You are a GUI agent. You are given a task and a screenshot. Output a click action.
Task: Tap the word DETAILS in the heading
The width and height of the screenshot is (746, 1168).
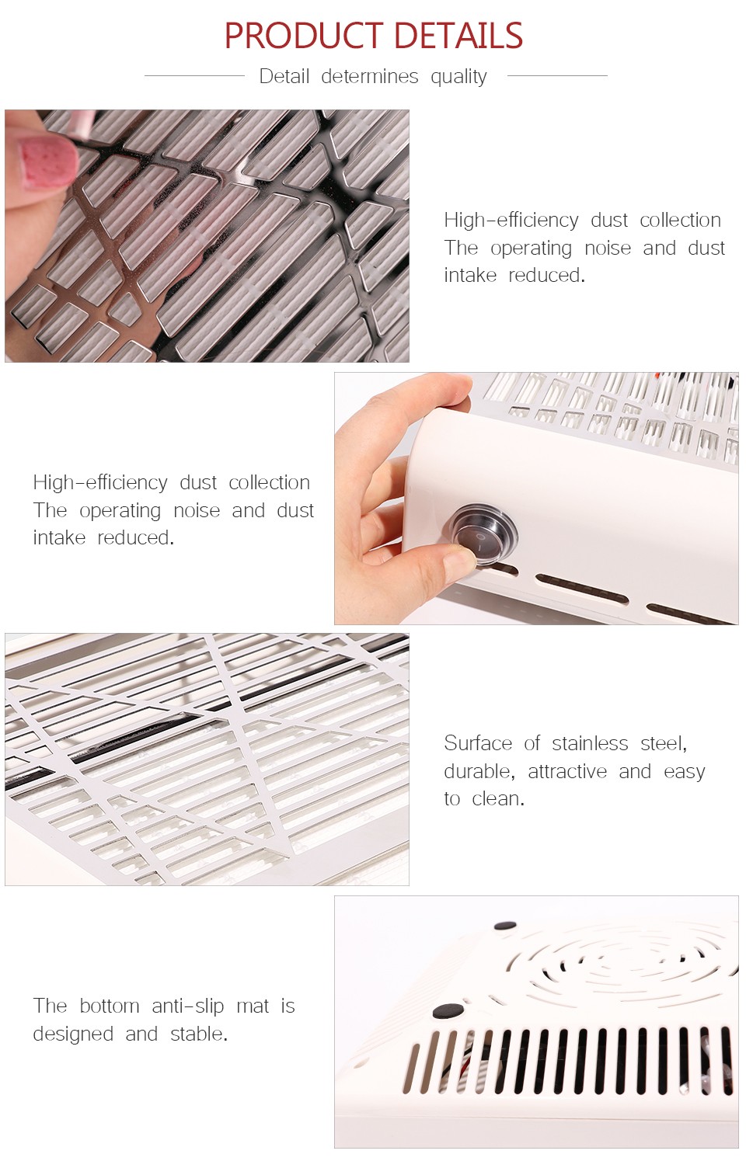coord(458,36)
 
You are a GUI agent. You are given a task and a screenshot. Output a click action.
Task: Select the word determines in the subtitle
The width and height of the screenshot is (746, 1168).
coord(369,76)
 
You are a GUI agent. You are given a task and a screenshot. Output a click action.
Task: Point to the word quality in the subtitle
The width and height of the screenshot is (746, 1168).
coord(458,77)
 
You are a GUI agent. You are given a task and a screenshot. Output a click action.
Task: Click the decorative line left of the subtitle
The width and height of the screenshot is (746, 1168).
coord(194,75)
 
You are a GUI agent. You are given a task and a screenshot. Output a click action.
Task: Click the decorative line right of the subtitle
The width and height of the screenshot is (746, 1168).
coord(557,75)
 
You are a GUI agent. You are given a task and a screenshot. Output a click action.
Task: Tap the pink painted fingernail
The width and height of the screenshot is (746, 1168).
coord(48,163)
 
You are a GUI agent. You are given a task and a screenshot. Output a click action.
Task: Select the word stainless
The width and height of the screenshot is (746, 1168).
coord(590,743)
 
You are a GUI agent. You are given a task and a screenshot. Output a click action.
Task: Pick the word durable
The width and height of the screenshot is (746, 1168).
coord(479,771)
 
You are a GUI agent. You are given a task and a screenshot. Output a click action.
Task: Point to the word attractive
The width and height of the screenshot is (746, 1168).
coord(567,771)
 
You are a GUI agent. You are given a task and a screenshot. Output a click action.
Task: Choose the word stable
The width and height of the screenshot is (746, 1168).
coord(199,1034)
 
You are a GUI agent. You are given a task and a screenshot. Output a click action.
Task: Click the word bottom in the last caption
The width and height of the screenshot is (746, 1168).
coord(109,1006)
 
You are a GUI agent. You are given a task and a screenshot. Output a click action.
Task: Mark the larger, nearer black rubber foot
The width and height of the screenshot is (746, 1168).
coord(448,1010)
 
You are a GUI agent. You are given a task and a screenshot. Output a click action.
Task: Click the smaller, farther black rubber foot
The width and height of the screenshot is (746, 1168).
coord(505,926)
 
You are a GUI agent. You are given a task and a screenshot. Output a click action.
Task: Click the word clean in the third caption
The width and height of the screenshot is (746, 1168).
coord(497,799)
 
